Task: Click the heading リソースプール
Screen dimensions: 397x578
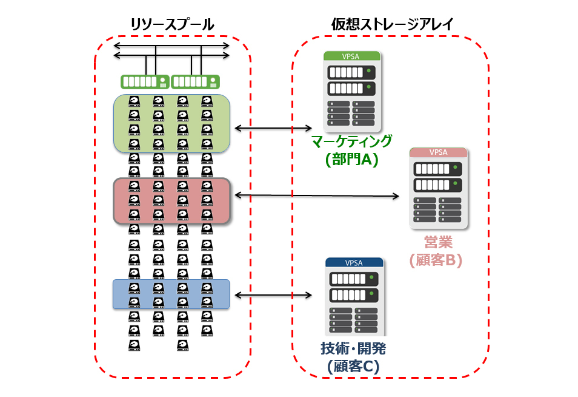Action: click(x=172, y=25)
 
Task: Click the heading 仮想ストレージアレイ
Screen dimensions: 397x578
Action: click(x=393, y=25)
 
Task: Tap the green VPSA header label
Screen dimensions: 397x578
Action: click(x=351, y=55)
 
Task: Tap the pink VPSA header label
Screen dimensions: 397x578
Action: click(x=438, y=152)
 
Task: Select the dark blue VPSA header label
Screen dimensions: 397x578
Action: click(x=354, y=262)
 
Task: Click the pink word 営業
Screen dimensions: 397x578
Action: click(x=437, y=242)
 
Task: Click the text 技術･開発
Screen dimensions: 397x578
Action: click(x=353, y=348)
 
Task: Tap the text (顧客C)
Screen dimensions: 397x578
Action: click(x=353, y=366)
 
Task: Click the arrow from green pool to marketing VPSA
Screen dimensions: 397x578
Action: click(x=272, y=128)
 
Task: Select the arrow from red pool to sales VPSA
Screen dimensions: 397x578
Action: click(x=316, y=195)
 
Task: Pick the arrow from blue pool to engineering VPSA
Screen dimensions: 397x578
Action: click(x=272, y=295)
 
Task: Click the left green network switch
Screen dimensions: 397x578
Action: click(x=145, y=81)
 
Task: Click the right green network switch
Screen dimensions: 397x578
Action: click(x=195, y=81)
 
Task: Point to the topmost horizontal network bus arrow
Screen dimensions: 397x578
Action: click(x=171, y=45)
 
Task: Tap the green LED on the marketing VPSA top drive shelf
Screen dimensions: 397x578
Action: click(x=368, y=72)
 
